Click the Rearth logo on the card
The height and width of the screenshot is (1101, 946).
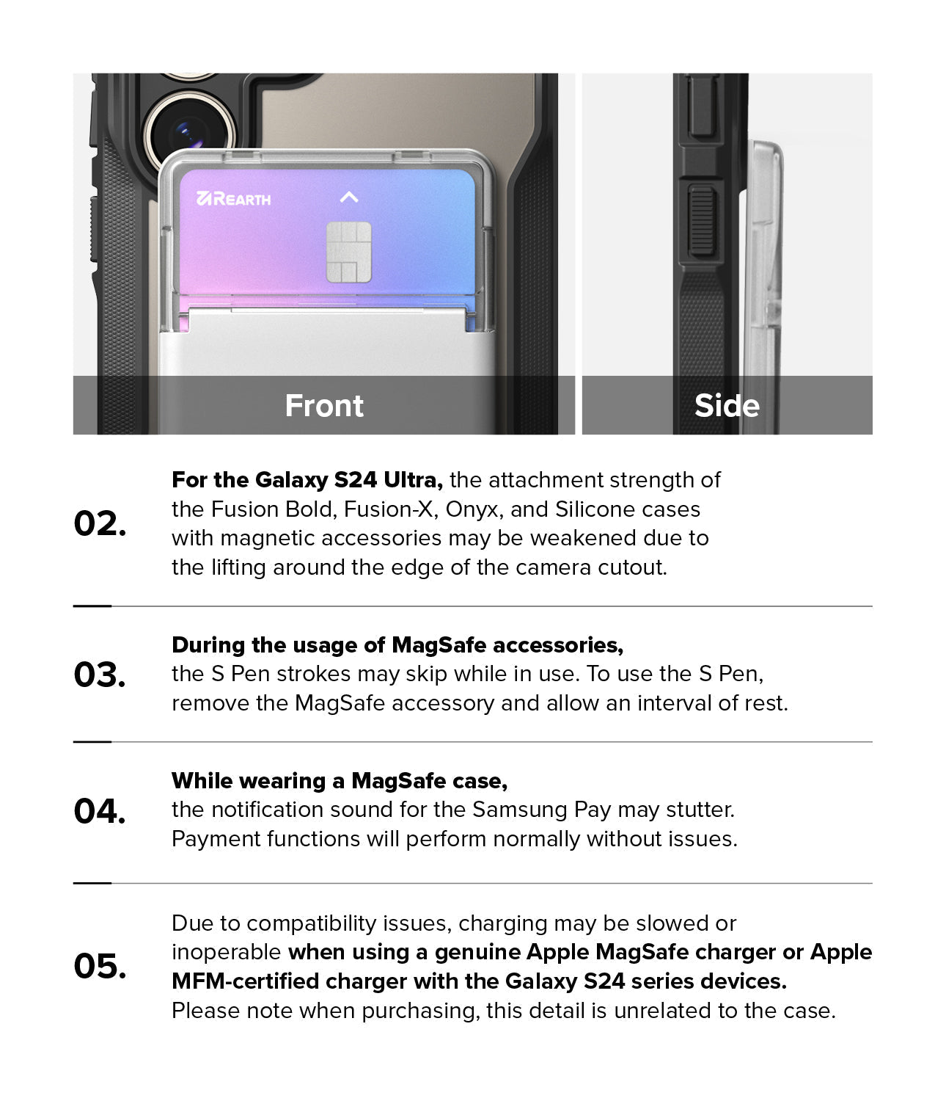[233, 199]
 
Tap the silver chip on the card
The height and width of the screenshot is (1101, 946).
[348, 252]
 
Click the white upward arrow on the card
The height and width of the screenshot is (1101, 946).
[349, 197]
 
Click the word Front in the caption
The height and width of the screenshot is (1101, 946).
[324, 406]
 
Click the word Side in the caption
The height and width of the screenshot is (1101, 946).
[727, 406]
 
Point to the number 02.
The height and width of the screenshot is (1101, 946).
[100, 523]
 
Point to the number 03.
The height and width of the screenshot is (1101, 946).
[100, 675]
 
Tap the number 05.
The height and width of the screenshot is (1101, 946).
[100, 966]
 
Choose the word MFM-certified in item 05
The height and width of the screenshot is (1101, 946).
[245, 981]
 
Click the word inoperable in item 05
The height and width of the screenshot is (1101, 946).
[226, 953]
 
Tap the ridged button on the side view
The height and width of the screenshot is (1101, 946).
[701, 220]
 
